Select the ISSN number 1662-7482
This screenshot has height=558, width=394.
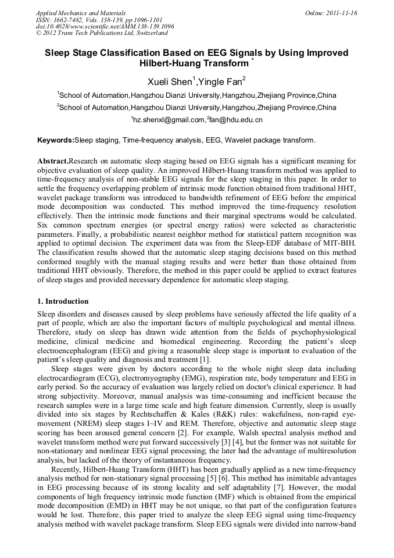coord(68,19)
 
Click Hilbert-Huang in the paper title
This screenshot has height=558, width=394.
coord(176,63)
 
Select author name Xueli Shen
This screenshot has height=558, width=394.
coord(167,81)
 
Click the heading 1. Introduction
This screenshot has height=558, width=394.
coord(63,301)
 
